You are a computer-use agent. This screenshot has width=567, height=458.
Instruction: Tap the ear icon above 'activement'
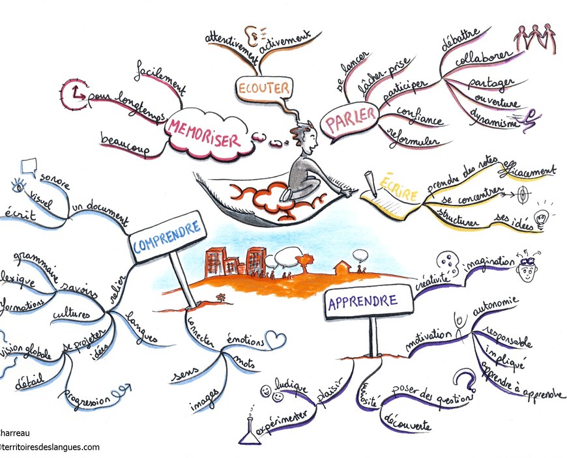(252, 33)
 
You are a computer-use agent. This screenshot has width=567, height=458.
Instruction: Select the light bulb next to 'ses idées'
(540, 216)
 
